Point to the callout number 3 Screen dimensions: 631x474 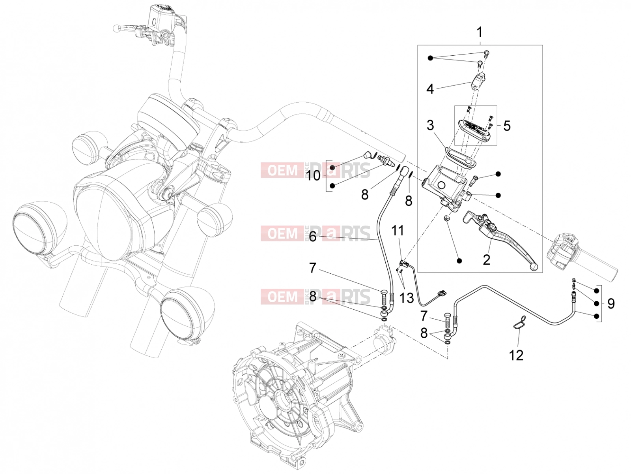[x=430, y=126]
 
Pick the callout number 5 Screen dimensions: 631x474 [x=506, y=126]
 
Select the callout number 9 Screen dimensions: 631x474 [x=611, y=304]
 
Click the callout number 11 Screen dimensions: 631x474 [x=398, y=231]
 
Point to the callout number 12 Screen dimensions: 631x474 [x=516, y=355]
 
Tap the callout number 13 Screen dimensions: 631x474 [x=407, y=298]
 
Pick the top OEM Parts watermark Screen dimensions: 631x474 [x=315, y=170]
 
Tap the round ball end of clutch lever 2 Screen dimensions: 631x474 [x=534, y=267]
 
